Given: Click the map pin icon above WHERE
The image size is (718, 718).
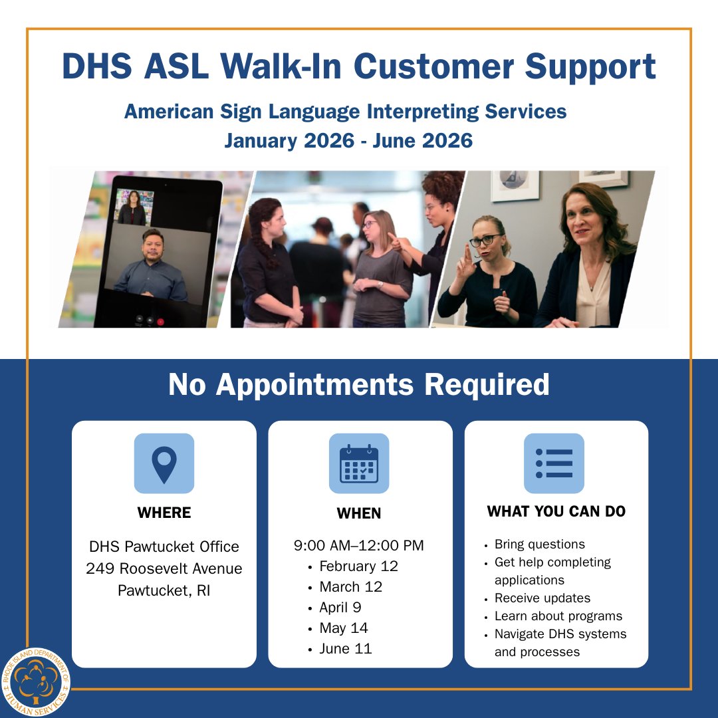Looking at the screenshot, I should tap(164, 463).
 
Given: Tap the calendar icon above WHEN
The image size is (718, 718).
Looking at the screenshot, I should tap(359, 463).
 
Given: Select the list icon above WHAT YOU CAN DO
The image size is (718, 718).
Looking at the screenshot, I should tap(554, 463).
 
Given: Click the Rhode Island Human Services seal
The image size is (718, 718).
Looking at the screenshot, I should tap(35, 682).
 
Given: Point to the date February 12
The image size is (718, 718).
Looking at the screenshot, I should tap(358, 566).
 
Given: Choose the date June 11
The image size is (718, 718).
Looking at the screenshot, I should tap(345, 649).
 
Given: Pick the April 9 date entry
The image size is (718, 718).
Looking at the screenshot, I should tap(340, 608).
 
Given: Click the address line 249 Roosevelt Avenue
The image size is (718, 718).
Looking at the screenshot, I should tap(164, 568).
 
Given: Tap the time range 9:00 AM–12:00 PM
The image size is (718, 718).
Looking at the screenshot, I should tap(359, 546).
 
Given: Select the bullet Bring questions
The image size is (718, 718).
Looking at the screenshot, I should tap(540, 544).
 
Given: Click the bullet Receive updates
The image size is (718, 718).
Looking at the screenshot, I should tap(542, 598).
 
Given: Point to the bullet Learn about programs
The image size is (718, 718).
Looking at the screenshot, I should tap(558, 616).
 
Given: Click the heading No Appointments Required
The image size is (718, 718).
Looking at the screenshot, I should tap(359, 385).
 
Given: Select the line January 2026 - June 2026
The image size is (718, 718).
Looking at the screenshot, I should tap(348, 141).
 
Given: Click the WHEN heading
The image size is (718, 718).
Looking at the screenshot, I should tap(359, 513).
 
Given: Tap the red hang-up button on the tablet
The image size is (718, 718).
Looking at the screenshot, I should tap(160, 320).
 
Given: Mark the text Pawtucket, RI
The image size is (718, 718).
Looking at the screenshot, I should tap(164, 590).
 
